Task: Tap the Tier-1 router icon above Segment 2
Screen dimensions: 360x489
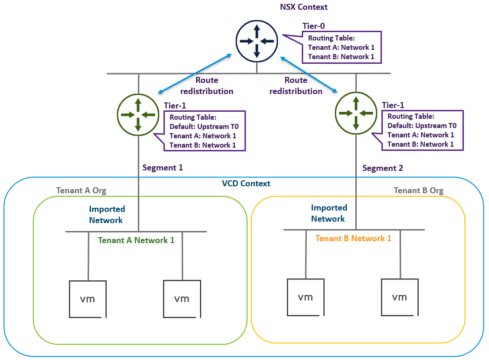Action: [356, 112]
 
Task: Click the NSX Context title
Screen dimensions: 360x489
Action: [304, 7]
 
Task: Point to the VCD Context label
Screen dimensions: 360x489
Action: [246, 183]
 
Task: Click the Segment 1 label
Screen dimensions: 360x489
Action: [163, 168]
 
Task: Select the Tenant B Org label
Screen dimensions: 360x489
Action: [419, 190]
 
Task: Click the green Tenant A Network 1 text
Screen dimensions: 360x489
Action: [136, 240]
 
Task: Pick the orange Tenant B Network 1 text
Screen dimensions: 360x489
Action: [353, 238]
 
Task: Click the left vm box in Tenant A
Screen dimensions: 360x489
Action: [88, 299]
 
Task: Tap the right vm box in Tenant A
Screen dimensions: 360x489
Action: [182, 299]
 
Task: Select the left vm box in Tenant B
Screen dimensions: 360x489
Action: [305, 297]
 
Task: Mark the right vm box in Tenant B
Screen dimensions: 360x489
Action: [399, 297]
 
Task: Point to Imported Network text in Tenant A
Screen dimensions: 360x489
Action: [107, 215]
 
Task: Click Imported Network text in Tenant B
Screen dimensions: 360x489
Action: [328, 213]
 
